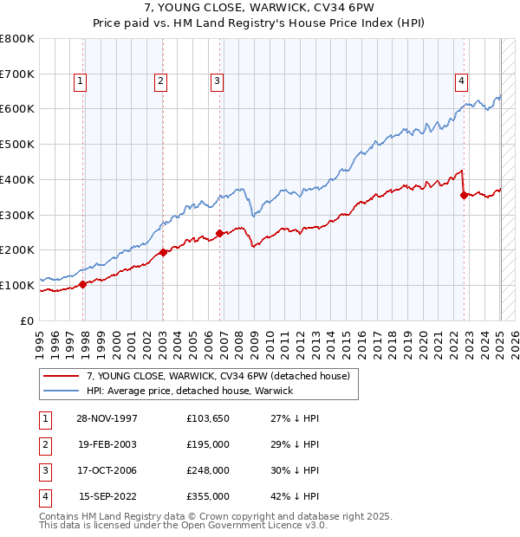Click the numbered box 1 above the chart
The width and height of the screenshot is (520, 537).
pos(80,81)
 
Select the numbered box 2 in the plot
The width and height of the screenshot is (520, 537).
pos(160,81)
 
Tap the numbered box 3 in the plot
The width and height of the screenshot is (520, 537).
pos(217,81)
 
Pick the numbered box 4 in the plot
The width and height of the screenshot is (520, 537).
pos(462,81)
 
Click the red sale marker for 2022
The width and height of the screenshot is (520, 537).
pos(464,195)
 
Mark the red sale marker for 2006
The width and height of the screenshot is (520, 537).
pos(219,232)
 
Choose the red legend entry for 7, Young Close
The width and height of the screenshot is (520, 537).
pos(218,376)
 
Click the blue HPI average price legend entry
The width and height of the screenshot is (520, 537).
pos(189,391)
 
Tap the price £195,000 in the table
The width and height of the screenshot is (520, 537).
pos(208,443)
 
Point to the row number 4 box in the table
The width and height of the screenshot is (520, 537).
pos(43,496)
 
